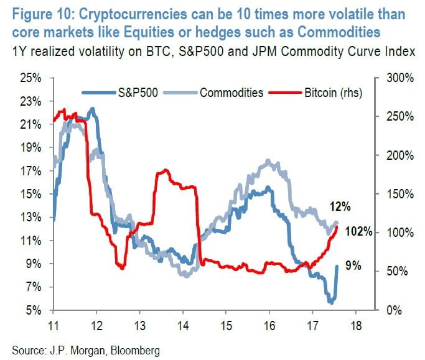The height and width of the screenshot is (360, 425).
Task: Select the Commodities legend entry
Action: pyautogui.click(x=231, y=92)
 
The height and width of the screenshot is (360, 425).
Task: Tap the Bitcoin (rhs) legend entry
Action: pyautogui.click(x=334, y=92)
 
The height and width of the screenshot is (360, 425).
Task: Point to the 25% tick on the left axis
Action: pyautogui.click(x=29, y=78)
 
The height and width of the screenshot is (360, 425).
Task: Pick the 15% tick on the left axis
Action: pyautogui.click(x=29, y=194)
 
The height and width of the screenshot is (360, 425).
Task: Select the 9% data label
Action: pyautogui.click(x=353, y=266)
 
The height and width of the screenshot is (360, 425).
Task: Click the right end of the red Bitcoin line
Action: pyautogui.click(x=337, y=226)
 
